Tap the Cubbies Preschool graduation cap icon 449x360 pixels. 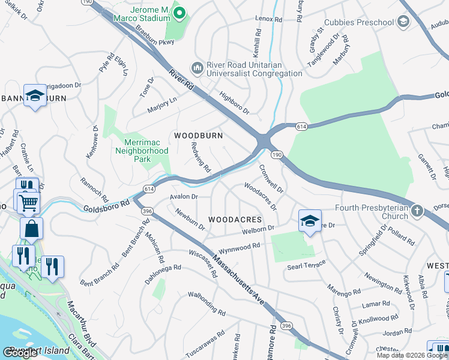[x=403, y=23]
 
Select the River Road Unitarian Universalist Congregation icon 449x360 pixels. [x=196, y=67]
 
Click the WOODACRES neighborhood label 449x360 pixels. [x=235, y=220]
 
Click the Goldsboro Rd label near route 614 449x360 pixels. [x=107, y=203]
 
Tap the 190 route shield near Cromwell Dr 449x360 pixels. [x=276, y=155]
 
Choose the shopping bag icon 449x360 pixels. [x=31, y=228]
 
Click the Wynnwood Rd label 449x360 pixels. [x=240, y=246]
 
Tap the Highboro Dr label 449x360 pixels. [x=234, y=103]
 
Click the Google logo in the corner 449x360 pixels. [x=20, y=353]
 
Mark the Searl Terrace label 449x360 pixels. [x=306, y=265]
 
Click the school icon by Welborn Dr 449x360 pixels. [x=310, y=220]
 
